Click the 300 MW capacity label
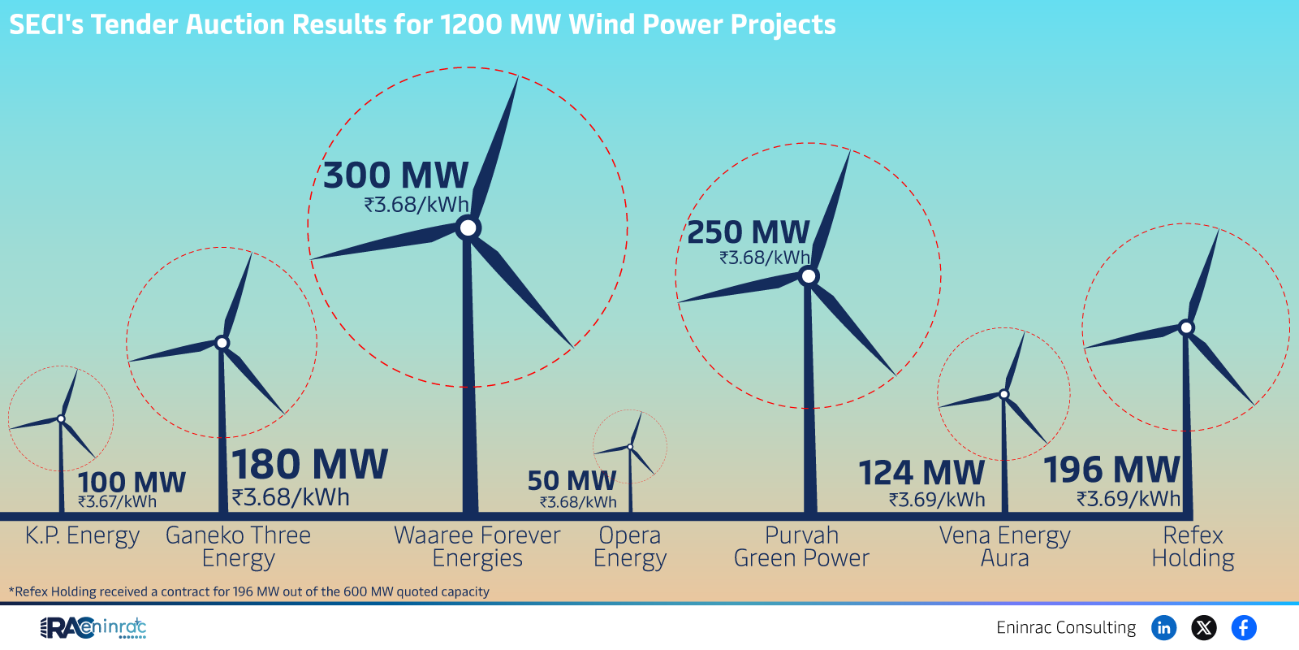pyautogui.click(x=395, y=175)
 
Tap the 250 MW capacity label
pyautogui.click(x=748, y=232)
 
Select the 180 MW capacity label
pyautogui.click(x=309, y=464)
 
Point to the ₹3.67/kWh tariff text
pyautogui.click(x=117, y=502)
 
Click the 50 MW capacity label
pyautogui.click(x=572, y=481)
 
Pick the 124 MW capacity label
pyautogui.click(x=921, y=473)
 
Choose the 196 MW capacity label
pyautogui.click(x=1111, y=470)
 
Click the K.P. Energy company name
pyautogui.click(x=82, y=535)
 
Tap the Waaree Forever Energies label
pyautogui.click(x=477, y=547)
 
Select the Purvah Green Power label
pyautogui.click(x=801, y=547)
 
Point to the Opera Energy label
pyautogui.click(x=630, y=548)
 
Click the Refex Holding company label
pyautogui.click(x=1193, y=547)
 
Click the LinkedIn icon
pyautogui.click(x=1164, y=628)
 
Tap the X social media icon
pyautogui.click(x=1204, y=628)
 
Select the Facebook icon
pyautogui.click(x=1244, y=628)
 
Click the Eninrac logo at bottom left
pyautogui.click(x=93, y=628)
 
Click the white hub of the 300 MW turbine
pyautogui.click(x=468, y=228)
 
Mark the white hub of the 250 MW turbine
pyautogui.click(x=809, y=276)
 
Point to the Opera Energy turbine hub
pyautogui.click(x=630, y=447)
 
